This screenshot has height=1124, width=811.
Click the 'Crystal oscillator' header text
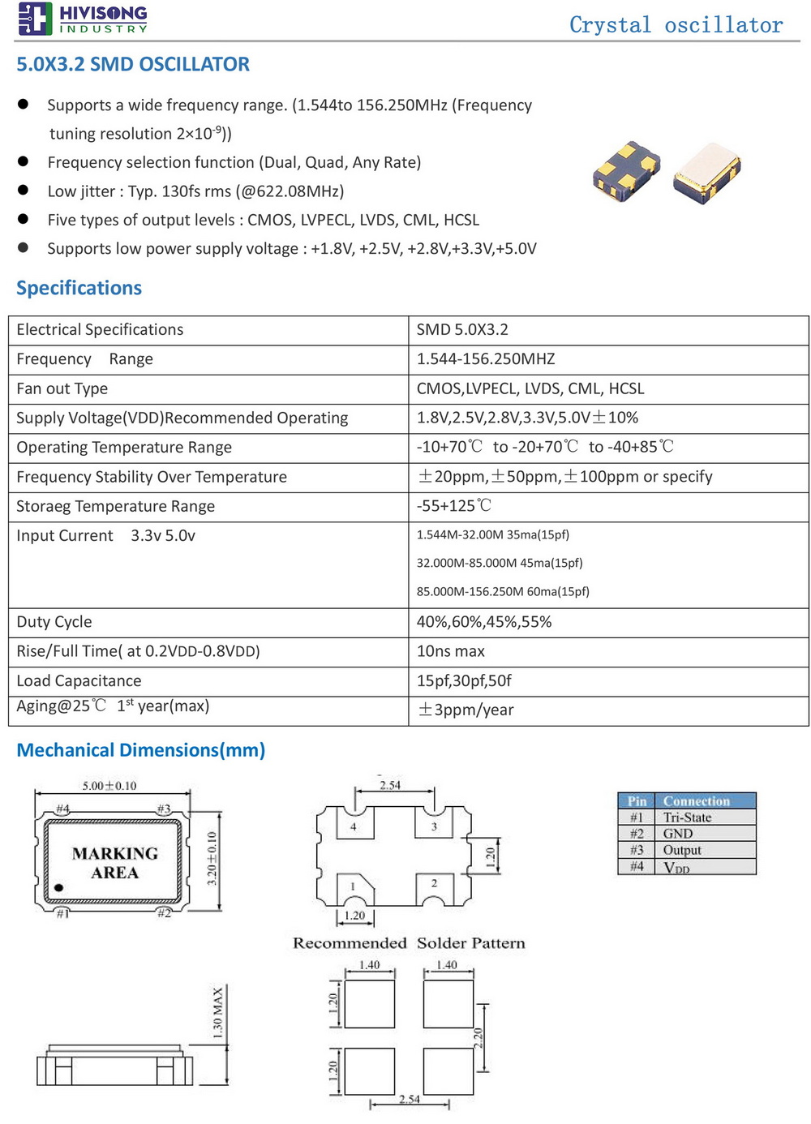676,25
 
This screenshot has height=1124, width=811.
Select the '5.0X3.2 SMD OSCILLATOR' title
133,65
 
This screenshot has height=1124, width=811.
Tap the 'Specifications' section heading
79,288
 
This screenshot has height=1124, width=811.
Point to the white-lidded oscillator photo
706,173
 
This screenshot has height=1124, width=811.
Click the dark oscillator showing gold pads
624,170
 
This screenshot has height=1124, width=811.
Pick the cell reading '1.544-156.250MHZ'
486,359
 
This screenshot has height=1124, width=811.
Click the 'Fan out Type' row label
62,388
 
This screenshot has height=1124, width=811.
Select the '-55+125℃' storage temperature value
454,506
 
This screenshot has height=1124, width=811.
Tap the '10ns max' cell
450,651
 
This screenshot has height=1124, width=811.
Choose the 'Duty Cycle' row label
54,622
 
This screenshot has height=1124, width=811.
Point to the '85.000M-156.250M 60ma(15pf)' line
503,592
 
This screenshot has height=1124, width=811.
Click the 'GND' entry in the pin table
678,834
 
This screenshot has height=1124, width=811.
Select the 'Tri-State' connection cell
687,817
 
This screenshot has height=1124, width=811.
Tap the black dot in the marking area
58,888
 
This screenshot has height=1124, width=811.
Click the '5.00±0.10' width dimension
109,786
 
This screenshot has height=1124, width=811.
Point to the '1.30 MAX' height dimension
217,1013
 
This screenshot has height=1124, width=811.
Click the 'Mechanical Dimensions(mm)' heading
141,750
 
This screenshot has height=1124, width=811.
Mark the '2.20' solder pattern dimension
478,1037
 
